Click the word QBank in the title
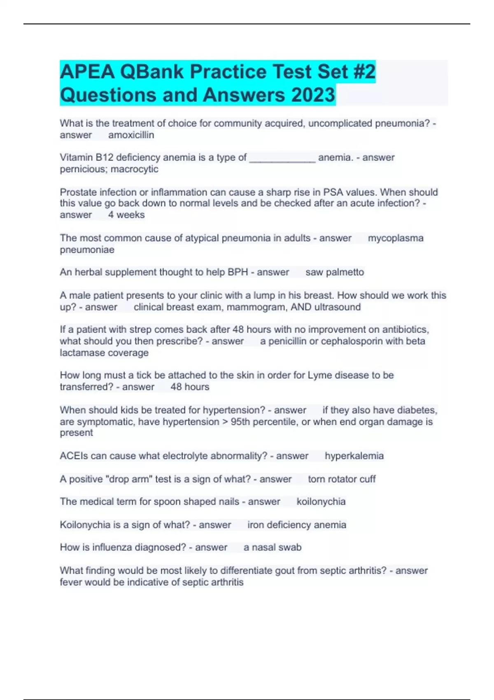pyautogui.click(x=152, y=72)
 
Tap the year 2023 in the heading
pyautogui.click(x=313, y=95)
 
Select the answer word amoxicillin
pyautogui.click(x=131, y=135)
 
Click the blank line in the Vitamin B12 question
pyautogui.click(x=282, y=158)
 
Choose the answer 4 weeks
pyautogui.click(x=126, y=215)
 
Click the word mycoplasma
pyautogui.click(x=395, y=238)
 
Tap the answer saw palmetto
pyautogui.click(x=334, y=272)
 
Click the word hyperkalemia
pyautogui.click(x=354, y=456)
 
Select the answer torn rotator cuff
pyautogui.click(x=342, y=479)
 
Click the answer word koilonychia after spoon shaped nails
pyautogui.click(x=321, y=502)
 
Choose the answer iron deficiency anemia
pyautogui.click(x=296, y=525)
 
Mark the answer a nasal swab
pyautogui.click(x=272, y=547)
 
